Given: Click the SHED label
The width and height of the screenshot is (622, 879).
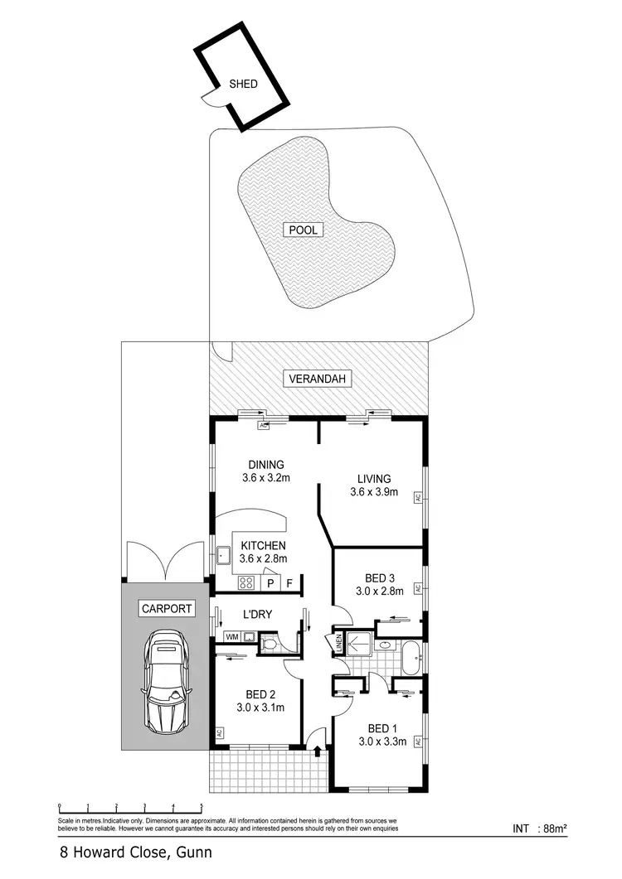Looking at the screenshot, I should (x=243, y=84).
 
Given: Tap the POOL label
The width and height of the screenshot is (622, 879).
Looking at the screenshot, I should (x=304, y=230).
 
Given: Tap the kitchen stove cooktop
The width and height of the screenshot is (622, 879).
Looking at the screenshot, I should (x=245, y=582).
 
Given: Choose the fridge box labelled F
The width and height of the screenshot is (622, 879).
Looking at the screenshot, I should (x=289, y=583).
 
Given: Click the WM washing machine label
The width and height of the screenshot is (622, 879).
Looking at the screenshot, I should (x=231, y=637).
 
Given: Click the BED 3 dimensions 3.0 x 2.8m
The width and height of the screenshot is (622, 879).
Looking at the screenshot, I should (x=378, y=592).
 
